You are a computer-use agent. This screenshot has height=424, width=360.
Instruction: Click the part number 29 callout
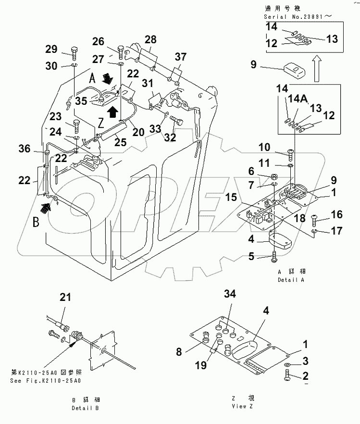point(51,49)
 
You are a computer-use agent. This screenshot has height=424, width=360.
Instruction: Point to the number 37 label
point(180,57)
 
